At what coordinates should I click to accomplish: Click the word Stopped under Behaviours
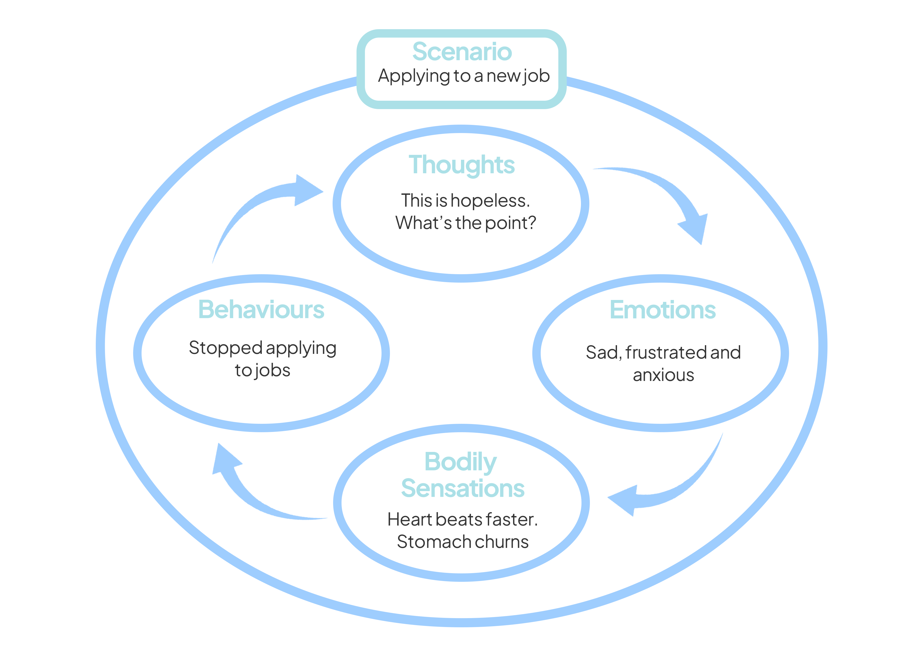tap(226, 348)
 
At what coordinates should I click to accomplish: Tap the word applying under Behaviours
tap(302, 348)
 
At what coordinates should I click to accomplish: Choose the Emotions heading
tap(663, 310)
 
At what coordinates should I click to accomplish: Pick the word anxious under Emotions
tap(663, 375)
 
